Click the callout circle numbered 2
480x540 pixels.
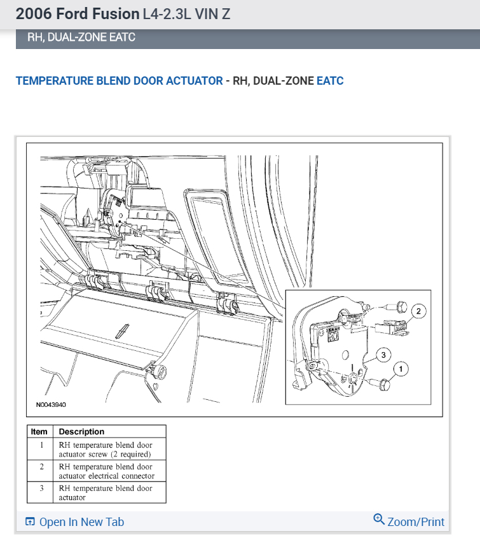click(x=418, y=311)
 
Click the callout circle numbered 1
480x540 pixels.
click(x=400, y=367)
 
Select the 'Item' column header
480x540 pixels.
click(x=39, y=432)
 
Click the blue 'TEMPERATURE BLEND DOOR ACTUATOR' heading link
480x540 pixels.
click(x=120, y=81)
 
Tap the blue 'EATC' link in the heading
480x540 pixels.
click(x=330, y=81)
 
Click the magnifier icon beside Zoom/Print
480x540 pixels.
click(x=379, y=520)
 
